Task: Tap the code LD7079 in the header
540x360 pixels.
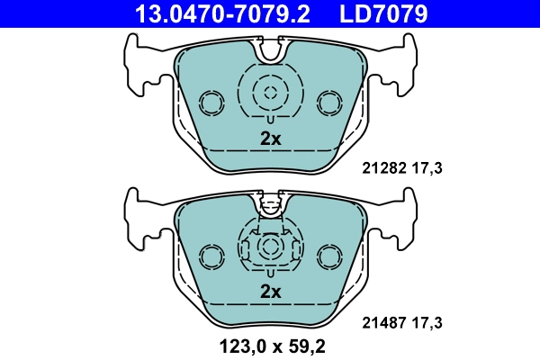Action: point(382,13)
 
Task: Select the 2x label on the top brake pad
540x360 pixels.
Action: point(271,139)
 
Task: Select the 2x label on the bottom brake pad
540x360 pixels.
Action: point(271,291)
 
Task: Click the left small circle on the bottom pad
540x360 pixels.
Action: point(212,256)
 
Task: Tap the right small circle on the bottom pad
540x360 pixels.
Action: point(328,256)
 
